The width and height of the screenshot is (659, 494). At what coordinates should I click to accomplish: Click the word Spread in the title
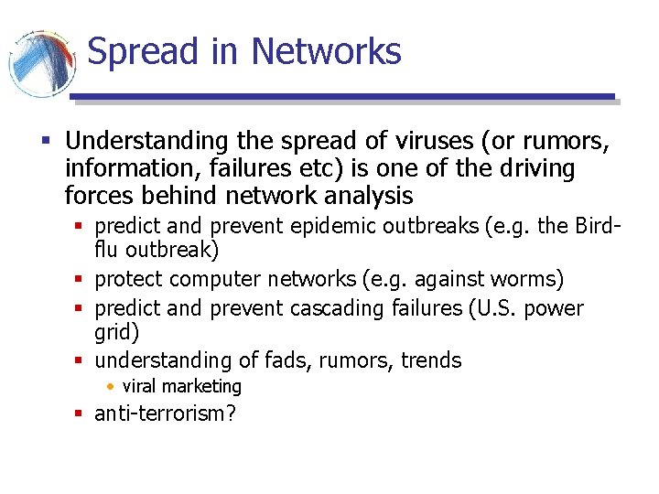coord(142,52)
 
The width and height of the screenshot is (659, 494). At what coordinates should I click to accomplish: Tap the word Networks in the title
coord(326,52)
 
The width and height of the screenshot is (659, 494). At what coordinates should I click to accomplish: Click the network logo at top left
coord(40,63)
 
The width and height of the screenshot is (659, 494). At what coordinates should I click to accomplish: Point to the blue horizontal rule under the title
coord(342,97)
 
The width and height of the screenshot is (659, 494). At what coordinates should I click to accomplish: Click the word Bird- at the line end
coord(600,226)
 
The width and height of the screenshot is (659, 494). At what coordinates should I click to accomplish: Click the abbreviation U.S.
coord(494,308)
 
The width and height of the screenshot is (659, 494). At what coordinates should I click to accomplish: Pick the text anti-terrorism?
coord(166,413)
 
